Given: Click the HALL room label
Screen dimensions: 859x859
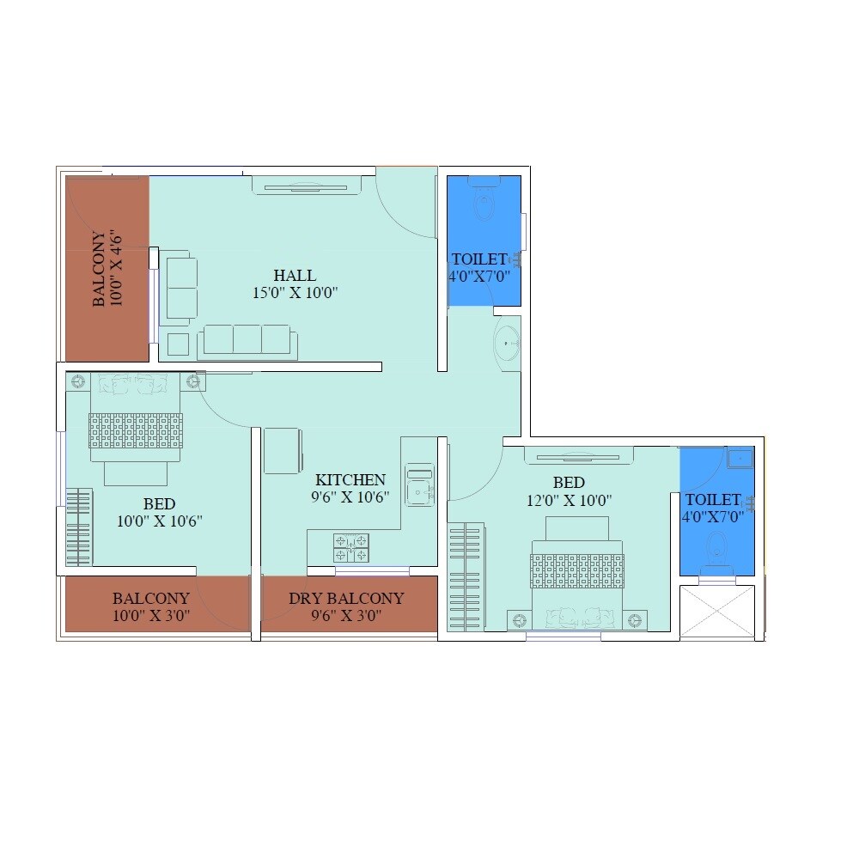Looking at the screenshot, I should pyautogui.click(x=295, y=276).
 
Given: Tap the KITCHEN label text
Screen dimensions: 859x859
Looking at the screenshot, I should pyautogui.click(x=350, y=479).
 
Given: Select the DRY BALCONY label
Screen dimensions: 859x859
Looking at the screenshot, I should pyautogui.click(x=346, y=599).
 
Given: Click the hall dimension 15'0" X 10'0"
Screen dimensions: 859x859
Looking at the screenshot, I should pyautogui.click(x=295, y=293).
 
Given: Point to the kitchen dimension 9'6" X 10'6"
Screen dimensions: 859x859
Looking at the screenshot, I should pyautogui.click(x=350, y=497).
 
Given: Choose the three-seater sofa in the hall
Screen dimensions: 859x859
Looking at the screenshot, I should pyautogui.click(x=247, y=341).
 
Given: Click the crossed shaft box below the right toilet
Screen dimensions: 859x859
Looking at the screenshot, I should pyautogui.click(x=716, y=612).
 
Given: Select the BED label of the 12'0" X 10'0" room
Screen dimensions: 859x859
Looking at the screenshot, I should pyautogui.click(x=569, y=483).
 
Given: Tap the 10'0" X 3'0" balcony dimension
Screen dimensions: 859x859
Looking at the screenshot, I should pyautogui.click(x=151, y=616).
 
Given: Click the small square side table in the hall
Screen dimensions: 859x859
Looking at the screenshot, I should pyautogui.click(x=178, y=344).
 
